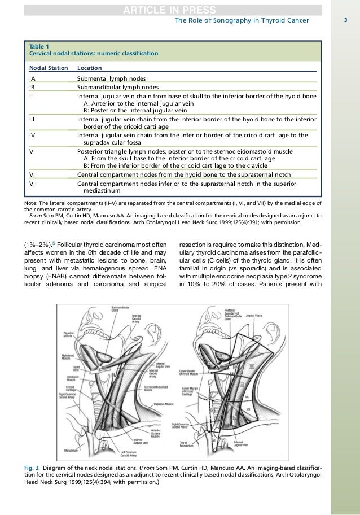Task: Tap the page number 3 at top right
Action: click(x=345, y=21)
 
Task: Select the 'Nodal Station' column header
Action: click(x=49, y=67)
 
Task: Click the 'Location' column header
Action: click(x=89, y=67)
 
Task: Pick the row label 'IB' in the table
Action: click(x=33, y=88)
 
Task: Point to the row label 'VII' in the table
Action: click(x=34, y=184)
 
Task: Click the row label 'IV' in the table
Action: click(x=33, y=136)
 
